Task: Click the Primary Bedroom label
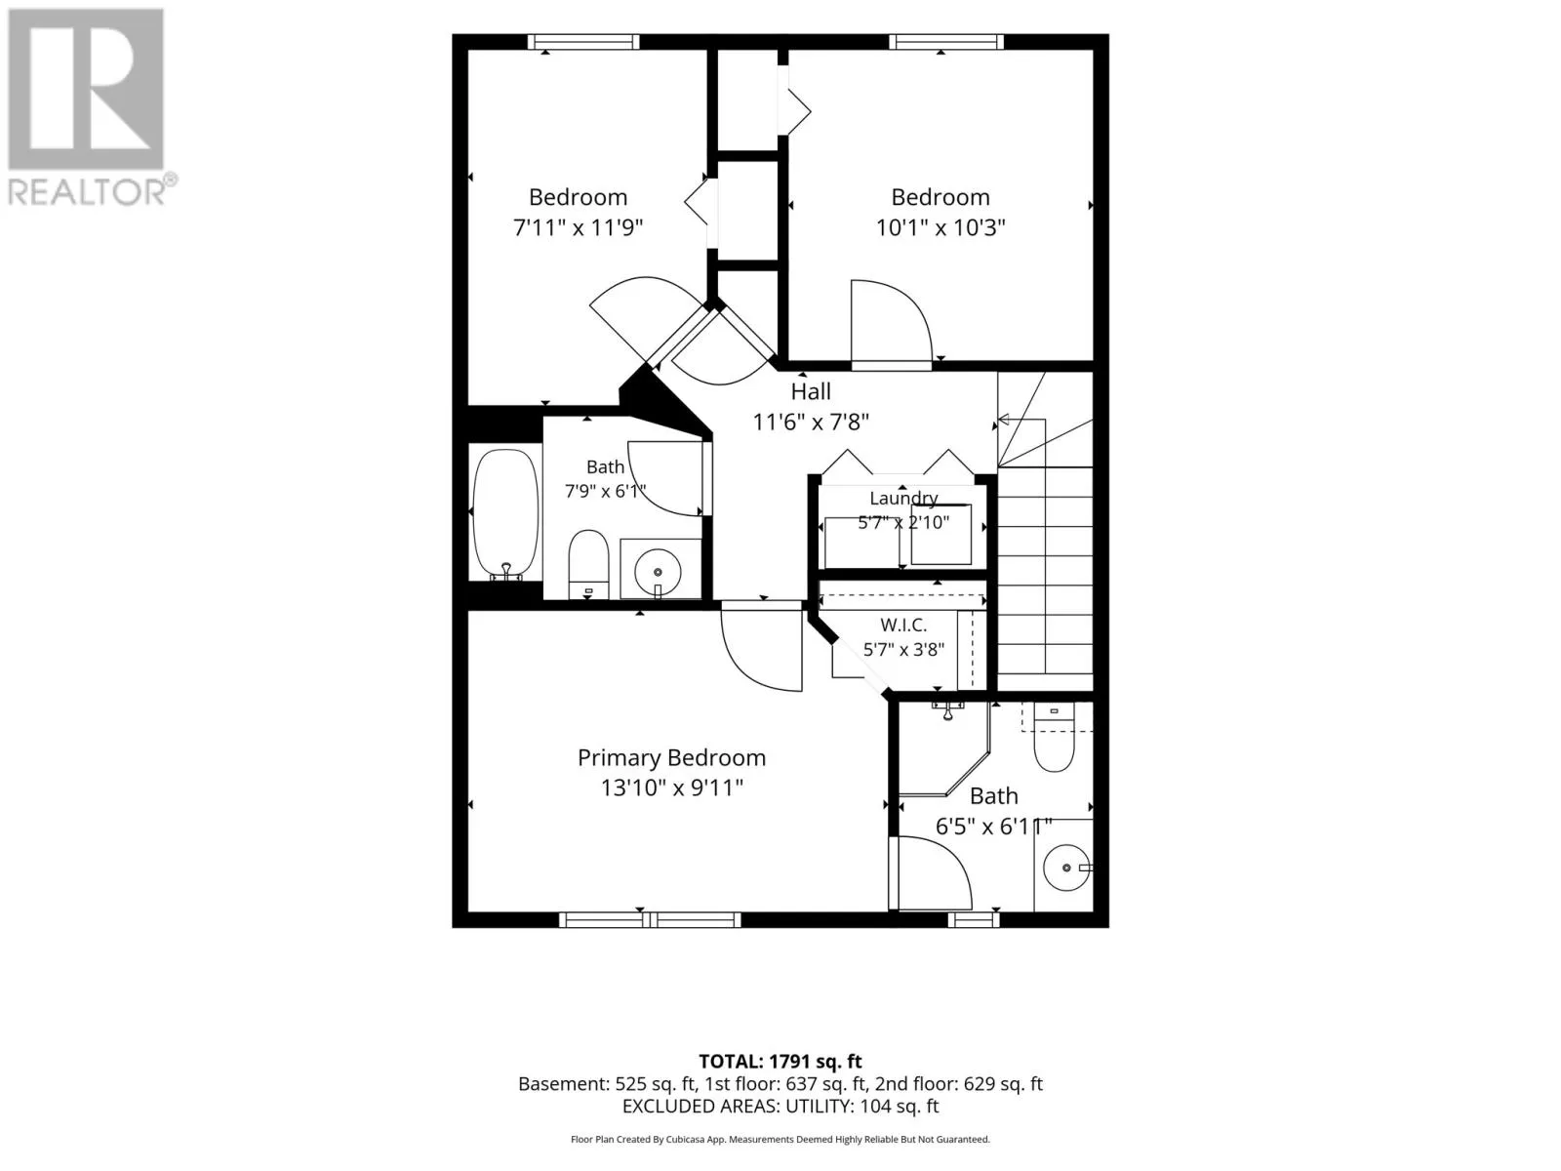[x=671, y=758]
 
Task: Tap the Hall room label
[x=811, y=391]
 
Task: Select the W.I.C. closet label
[x=903, y=625]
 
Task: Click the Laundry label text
[x=903, y=498]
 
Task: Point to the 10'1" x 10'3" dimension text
[x=941, y=227]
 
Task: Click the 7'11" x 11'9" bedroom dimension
[x=578, y=227]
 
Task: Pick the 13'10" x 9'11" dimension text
[x=671, y=787]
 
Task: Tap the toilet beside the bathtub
[x=589, y=564]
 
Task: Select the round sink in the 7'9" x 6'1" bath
[x=658, y=572]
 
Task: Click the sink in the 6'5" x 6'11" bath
[x=1066, y=868]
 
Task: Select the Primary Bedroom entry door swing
[x=762, y=648]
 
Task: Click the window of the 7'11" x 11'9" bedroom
[x=583, y=42]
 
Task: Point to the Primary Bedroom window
[x=650, y=920]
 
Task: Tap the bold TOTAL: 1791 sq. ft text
[x=780, y=1062]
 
